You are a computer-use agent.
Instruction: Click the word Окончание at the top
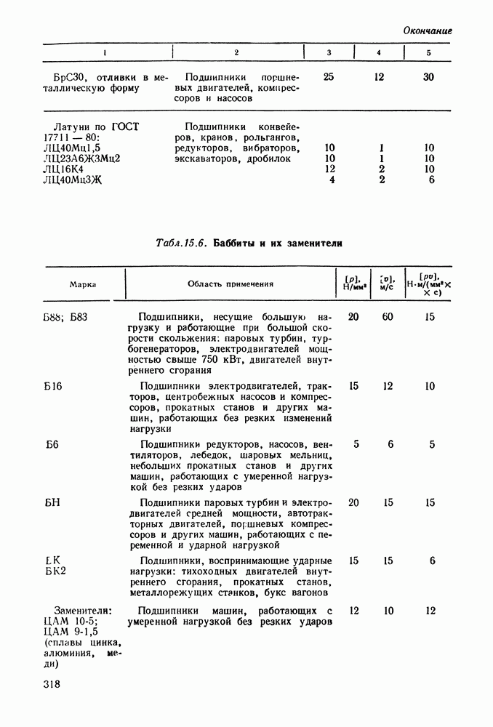click(427, 31)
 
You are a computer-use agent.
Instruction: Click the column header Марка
click(83, 285)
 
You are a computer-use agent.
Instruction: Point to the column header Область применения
click(230, 285)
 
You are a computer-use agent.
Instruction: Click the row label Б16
click(52, 386)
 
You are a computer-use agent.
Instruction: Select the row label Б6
click(51, 444)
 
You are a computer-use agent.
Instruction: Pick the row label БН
click(52, 502)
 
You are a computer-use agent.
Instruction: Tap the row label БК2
click(55, 571)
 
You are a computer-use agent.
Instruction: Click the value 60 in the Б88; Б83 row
click(388, 317)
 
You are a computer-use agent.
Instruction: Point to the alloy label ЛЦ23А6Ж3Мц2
click(81, 158)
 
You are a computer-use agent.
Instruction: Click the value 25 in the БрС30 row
click(329, 76)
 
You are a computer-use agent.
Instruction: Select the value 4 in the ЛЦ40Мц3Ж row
click(332, 180)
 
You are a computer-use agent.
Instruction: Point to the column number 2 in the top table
click(236, 53)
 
